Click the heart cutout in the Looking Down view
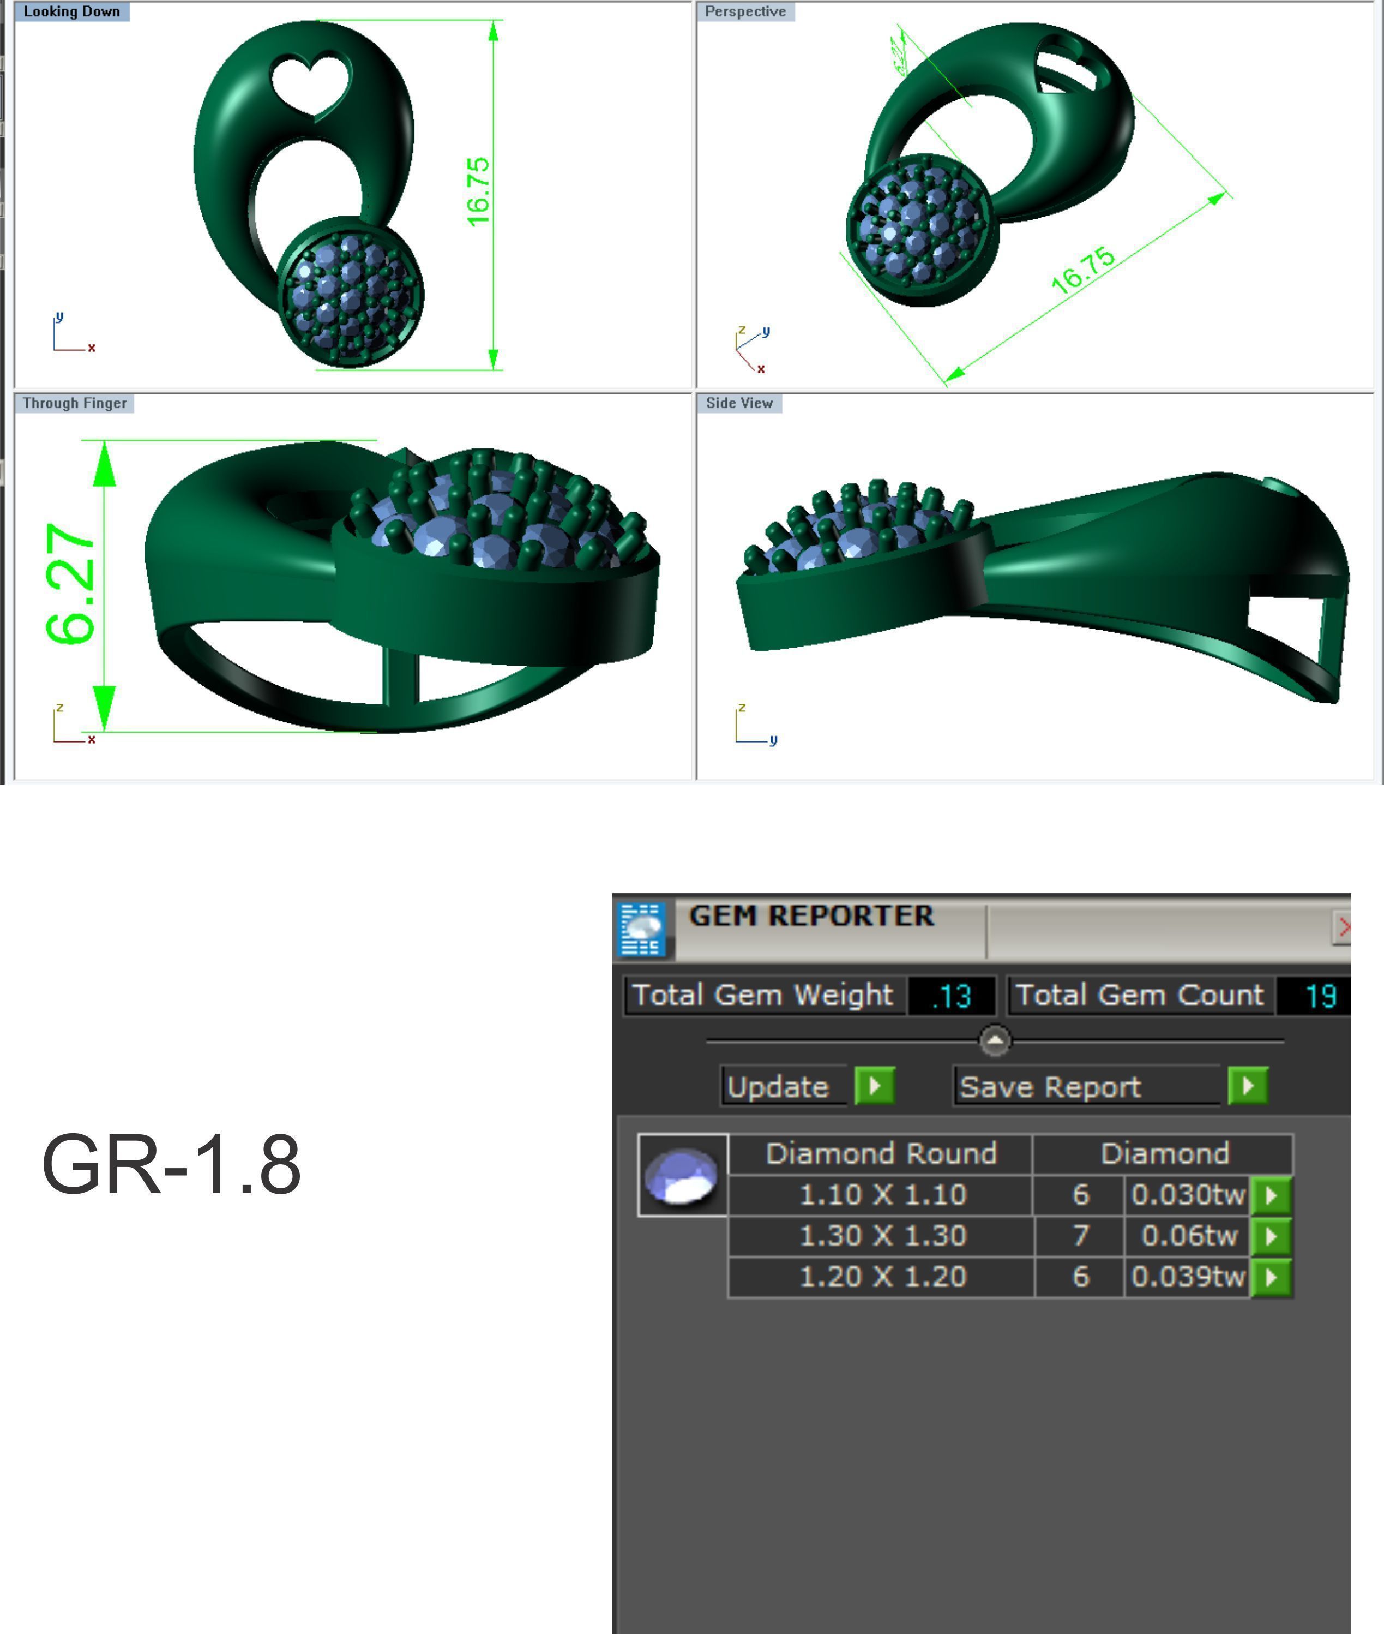pyautogui.click(x=310, y=86)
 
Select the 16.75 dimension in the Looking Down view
pyautogui.click(x=478, y=191)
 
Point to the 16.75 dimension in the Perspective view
pyautogui.click(x=1083, y=270)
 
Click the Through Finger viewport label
pyautogui.click(x=75, y=403)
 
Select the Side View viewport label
pyautogui.click(x=739, y=403)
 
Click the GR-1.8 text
pyautogui.click(x=171, y=1165)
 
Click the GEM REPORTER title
pyautogui.click(x=811, y=916)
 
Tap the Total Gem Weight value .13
pyautogui.click(x=951, y=996)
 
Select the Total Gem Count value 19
pyautogui.click(x=1320, y=996)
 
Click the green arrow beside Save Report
pyautogui.click(x=1248, y=1086)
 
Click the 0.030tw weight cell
pyautogui.click(x=1188, y=1194)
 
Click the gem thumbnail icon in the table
pyautogui.click(x=681, y=1175)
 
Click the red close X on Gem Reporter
pyautogui.click(x=1343, y=927)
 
